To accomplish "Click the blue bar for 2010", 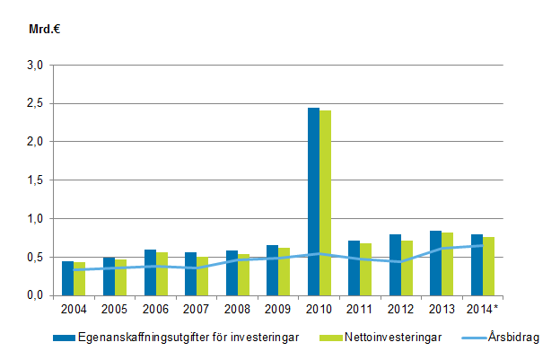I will pyautogui.click(x=313, y=201).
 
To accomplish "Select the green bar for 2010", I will pyautogui.click(x=325, y=203).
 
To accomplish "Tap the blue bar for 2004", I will pyautogui.click(x=67, y=277).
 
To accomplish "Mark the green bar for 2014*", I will pyautogui.click(x=488, y=266).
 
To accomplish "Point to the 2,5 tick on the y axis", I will pyautogui.click(x=34, y=104).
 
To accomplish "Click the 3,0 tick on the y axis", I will pyautogui.click(x=34, y=66).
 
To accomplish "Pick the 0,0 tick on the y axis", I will pyautogui.click(x=34, y=295).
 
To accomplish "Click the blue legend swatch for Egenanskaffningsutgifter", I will pyautogui.click(x=63, y=338).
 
